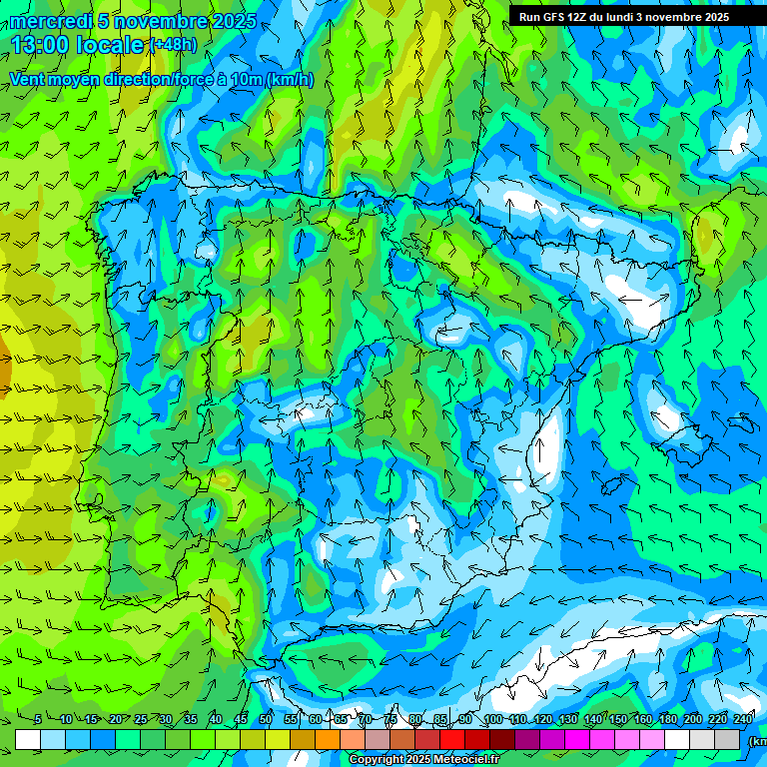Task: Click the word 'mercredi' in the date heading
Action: click(47, 21)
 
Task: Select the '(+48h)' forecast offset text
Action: click(173, 45)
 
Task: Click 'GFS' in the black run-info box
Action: click(557, 17)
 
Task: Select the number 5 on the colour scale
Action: click(37, 720)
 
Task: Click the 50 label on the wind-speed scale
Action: click(266, 720)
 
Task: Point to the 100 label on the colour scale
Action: click(493, 720)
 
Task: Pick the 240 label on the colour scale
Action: click(743, 720)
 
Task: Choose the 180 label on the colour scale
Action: click(668, 720)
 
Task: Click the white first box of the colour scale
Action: click(28, 739)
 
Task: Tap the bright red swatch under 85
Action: click(452, 739)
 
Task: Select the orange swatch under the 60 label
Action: click(328, 739)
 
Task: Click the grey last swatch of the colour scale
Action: click(727, 739)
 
